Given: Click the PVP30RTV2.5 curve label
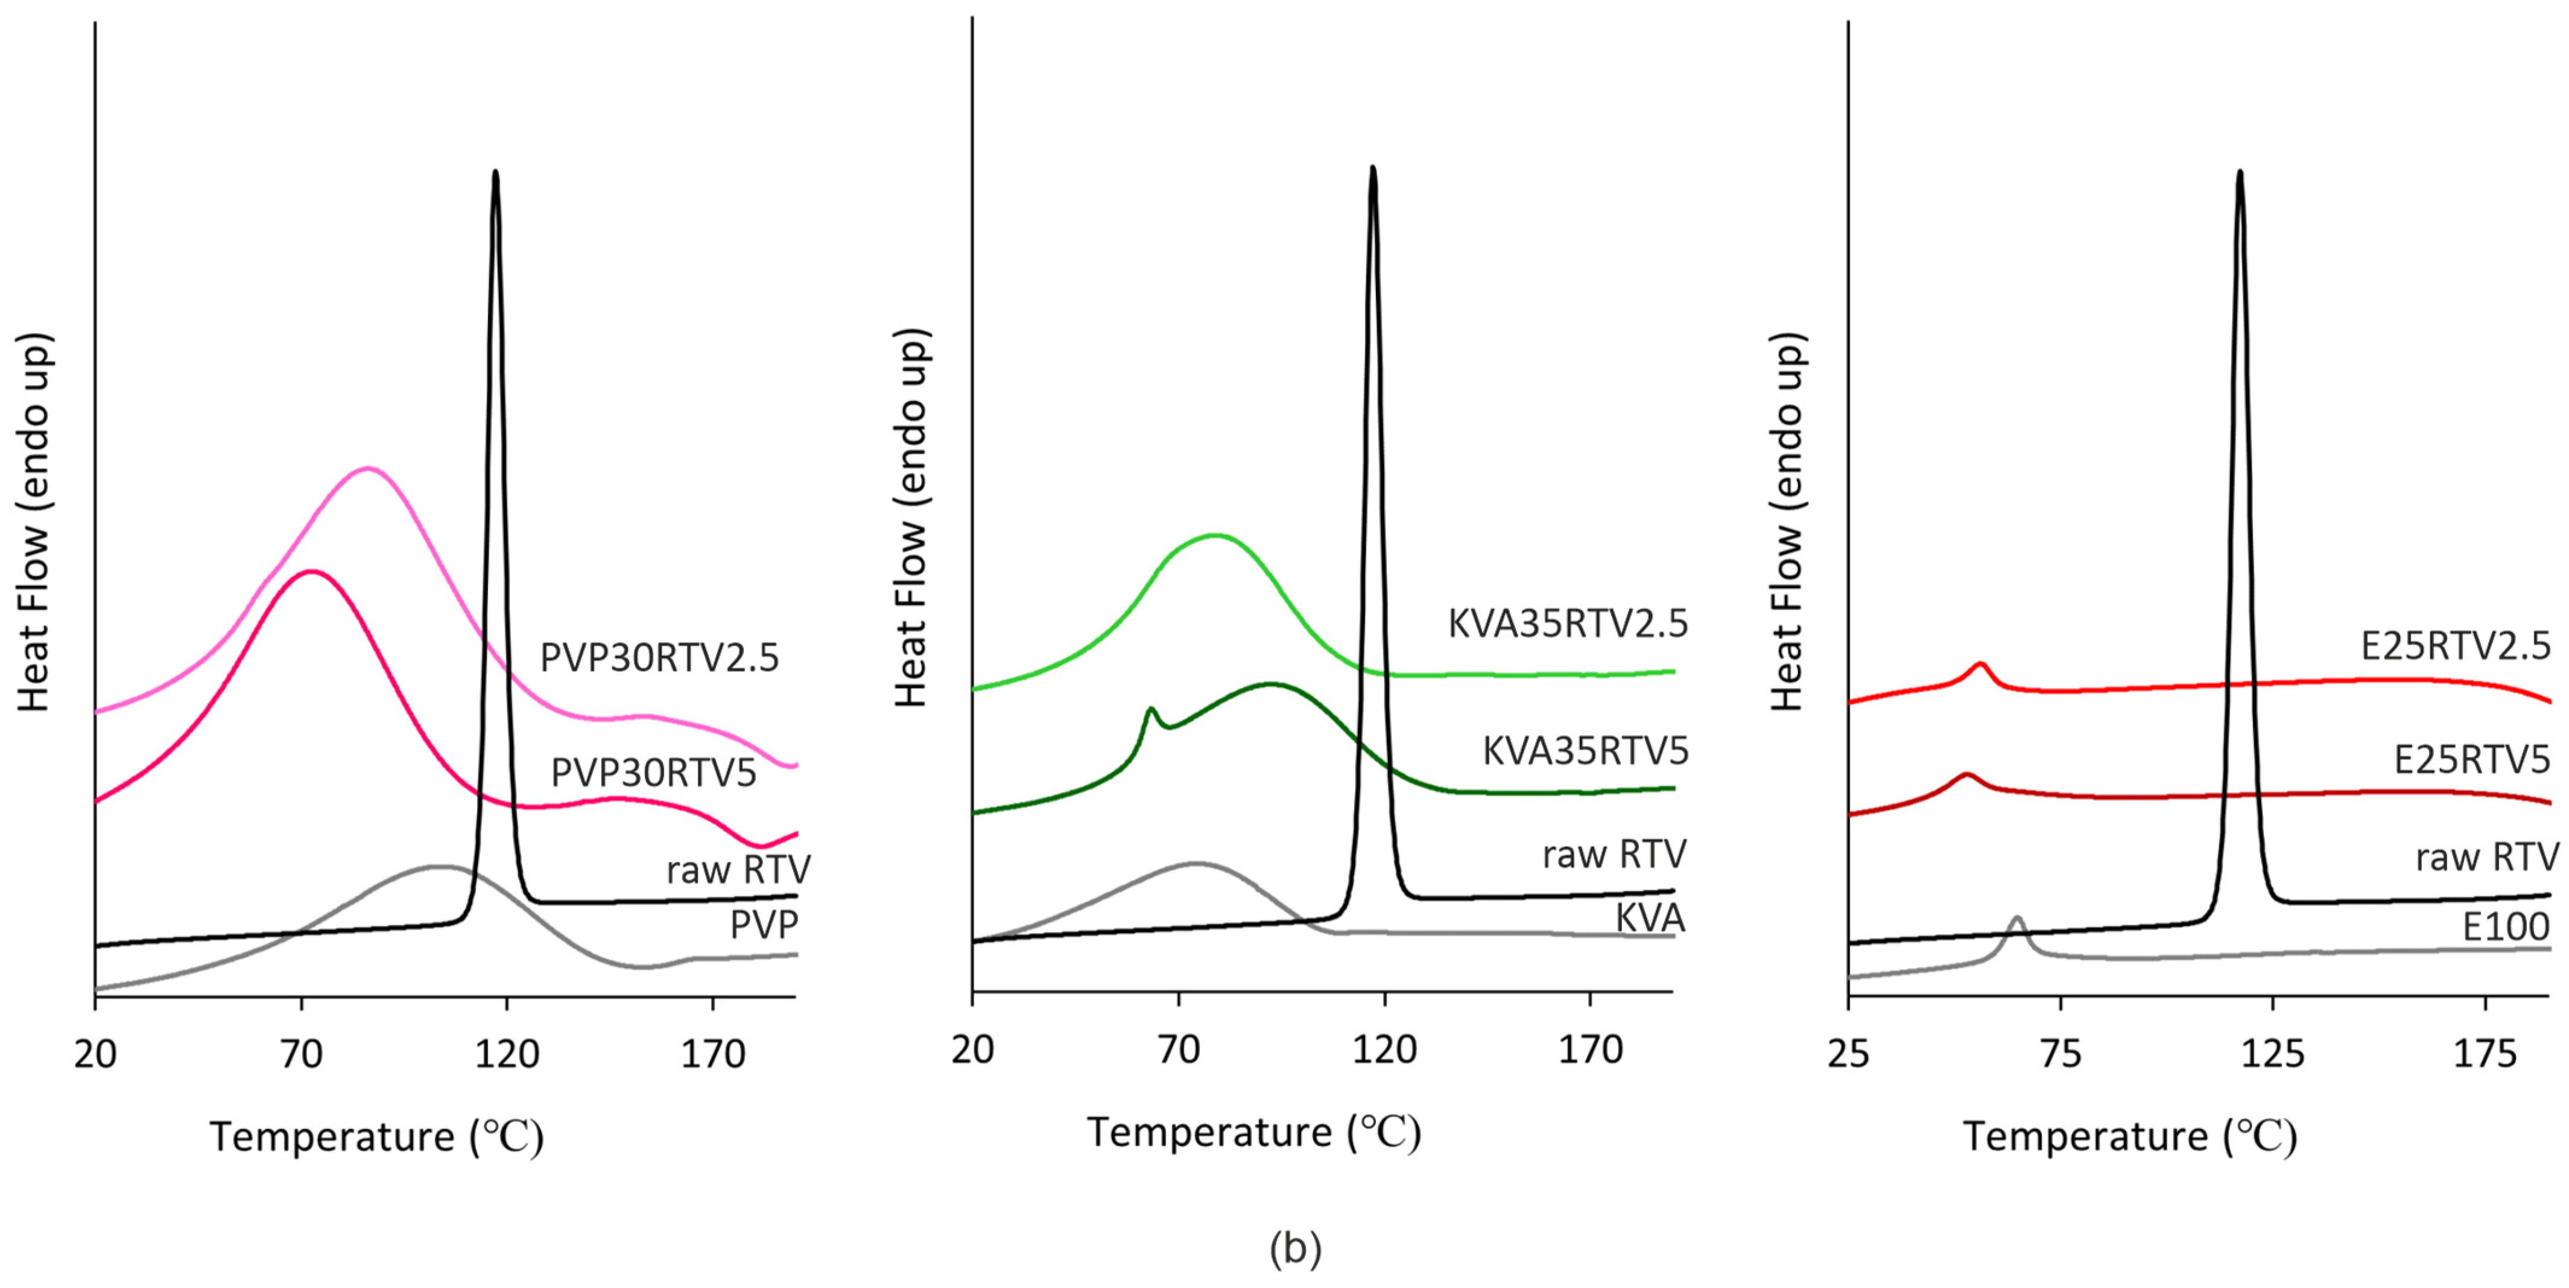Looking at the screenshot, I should [659, 657].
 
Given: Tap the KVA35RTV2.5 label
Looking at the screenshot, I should [1568, 623].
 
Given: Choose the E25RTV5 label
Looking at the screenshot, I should [2471, 760].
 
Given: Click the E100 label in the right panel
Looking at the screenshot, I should [2505, 927].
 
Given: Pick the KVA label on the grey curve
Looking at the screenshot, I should [1650, 918].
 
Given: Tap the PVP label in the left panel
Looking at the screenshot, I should [764, 925].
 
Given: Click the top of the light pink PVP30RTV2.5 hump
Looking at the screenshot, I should [368, 467].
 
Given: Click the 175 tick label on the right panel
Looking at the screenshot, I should [2484, 1054].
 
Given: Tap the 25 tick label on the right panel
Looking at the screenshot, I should [1848, 1054].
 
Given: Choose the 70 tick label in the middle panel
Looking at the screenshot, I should [1179, 1050].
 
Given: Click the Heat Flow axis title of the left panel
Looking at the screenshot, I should [33, 522].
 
